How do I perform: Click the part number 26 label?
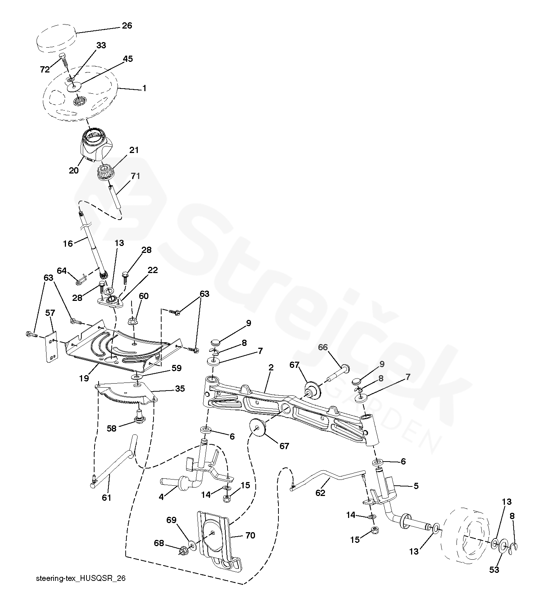[x=127, y=26]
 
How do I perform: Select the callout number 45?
[x=127, y=59]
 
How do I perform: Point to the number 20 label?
[x=74, y=171]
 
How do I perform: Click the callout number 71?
[x=135, y=176]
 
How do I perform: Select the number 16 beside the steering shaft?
[x=68, y=243]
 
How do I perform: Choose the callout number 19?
[x=84, y=378]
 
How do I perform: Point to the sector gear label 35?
[x=180, y=388]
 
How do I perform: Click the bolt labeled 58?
[x=139, y=416]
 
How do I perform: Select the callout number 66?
[x=322, y=347]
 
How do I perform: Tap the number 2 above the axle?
[x=271, y=368]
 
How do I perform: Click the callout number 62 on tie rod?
[x=320, y=493]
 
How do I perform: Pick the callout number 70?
[x=250, y=535]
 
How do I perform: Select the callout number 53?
[x=494, y=570]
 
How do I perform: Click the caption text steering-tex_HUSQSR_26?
[x=81, y=578]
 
